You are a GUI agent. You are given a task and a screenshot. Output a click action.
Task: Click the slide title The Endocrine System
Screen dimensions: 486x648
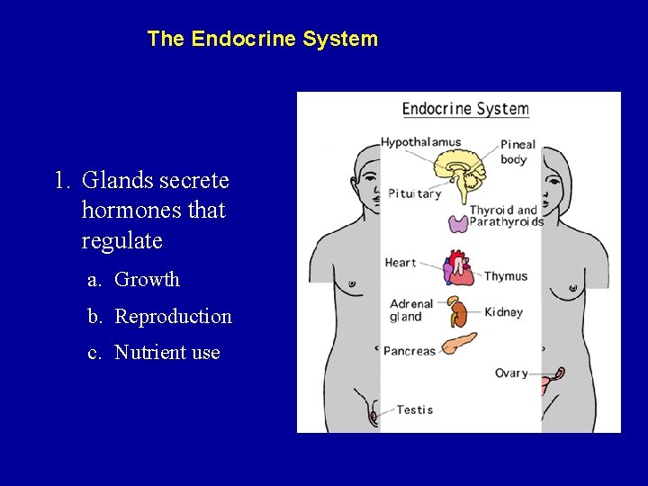pyautogui.click(x=262, y=40)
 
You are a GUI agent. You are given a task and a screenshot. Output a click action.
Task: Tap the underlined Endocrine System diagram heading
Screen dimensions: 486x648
pyautogui.click(x=465, y=110)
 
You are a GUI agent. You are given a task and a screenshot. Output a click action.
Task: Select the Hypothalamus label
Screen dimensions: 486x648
pyautogui.click(x=420, y=142)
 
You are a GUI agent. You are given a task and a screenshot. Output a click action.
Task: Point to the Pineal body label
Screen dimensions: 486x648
pyautogui.click(x=517, y=151)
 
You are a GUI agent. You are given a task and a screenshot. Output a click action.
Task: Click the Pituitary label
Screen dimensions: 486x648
pyautogui.click(x=414, y=193)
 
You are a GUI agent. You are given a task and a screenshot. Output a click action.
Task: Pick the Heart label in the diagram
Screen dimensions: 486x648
pyautogui.click(x=400, y=263)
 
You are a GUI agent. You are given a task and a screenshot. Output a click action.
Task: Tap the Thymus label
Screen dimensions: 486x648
pyautogui.click(x=506, y=276)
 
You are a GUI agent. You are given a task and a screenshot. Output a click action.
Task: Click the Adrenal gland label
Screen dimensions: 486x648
pyautogui.click(x=411, y=310)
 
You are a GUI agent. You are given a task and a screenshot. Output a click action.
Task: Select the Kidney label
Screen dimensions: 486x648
pyautogui.click(x=503, y=312)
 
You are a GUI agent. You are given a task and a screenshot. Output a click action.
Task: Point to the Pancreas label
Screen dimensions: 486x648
pyautogui.click(x=409, y=351)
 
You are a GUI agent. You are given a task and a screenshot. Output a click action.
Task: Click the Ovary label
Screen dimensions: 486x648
pyautogui.click(x=511, y=373)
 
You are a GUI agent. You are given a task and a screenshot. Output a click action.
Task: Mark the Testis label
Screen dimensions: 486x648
pyautogui.click(x=415, y=409)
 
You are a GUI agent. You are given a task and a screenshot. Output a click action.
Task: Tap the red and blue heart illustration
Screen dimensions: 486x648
pyautogui.click(x=458, y=268)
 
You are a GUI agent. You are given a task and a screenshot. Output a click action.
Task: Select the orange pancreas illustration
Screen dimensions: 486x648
pyautogui.click(x=459, y=343)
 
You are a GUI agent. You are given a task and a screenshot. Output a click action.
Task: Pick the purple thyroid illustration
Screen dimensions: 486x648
pyautogui.click(x=458, y=223)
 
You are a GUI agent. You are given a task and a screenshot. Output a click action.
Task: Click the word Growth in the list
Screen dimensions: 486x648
pyautogui.click(x=148, y=280)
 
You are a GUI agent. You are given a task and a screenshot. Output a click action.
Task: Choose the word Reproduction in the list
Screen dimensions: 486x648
pyautogui.click(x=174, y=317)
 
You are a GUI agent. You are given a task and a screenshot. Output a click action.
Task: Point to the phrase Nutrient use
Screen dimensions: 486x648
pyautogui.click(x=167, y=353)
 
